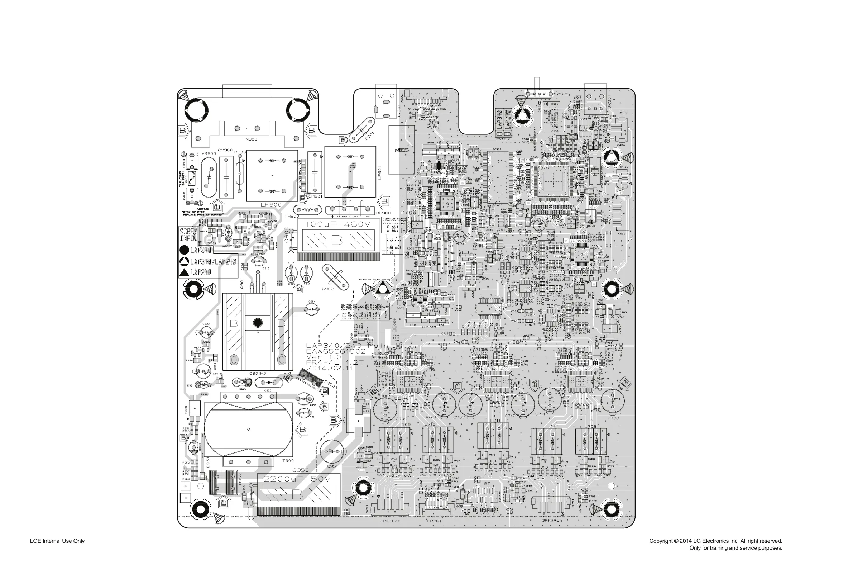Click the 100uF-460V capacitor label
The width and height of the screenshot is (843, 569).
tap(338, 224)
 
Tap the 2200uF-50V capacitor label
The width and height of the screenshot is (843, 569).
tap(297, 479)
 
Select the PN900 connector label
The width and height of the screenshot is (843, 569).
tap(249, 139)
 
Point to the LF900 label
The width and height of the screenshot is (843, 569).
tap(271, 205)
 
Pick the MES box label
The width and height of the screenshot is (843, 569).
tap(401, 150)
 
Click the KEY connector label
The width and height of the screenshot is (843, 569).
tap(623, 113)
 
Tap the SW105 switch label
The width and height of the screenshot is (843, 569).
tap(560, 94)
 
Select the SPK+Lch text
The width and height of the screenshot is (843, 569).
tap(390, 521)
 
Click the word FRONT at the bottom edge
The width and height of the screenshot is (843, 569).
tap(434, 521)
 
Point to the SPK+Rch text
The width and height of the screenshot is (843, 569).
tap(552, 520)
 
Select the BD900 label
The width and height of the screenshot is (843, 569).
tap(383, 213)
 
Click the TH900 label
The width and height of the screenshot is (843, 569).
tap(292, 216)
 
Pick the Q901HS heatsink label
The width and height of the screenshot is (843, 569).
tap(258, 373)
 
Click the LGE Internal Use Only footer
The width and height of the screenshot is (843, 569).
tap(57, 541)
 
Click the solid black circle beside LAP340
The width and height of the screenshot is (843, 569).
tap(184, 250)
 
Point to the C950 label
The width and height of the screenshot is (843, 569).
tap(300, 470)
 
